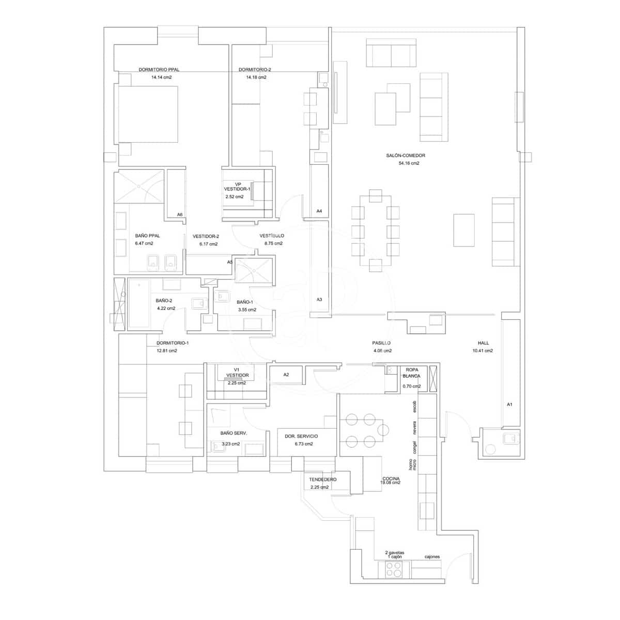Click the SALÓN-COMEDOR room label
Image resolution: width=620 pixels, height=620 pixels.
(x=406, y=156)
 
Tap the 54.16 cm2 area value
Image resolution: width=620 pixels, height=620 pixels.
(x=406, y=163)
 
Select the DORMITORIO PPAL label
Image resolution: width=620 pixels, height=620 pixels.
(x=159, y=70)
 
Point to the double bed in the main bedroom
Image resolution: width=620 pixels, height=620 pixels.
(x=149, y=114)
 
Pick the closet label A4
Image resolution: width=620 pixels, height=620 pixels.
(x=319, y=211)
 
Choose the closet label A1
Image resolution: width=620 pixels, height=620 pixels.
(x=509, y=404)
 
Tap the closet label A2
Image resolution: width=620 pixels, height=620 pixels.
(x=286, y=375)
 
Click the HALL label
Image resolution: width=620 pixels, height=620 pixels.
(x=483, y=343)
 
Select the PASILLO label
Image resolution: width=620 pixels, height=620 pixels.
(x=381, y=343)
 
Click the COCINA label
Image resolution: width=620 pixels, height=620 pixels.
(x=391, y=479)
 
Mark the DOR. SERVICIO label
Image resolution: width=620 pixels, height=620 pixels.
(x=301, y=437)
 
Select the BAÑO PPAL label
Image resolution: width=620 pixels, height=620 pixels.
(x=147, y=236)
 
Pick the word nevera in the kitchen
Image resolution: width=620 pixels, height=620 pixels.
(x=414, y=427)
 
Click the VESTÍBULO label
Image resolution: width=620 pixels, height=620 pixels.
(x=272, y=236)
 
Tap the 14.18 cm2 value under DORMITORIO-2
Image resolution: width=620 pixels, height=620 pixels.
(x=256, y=78)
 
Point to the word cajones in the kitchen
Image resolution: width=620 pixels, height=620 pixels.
(x=432, y=557)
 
